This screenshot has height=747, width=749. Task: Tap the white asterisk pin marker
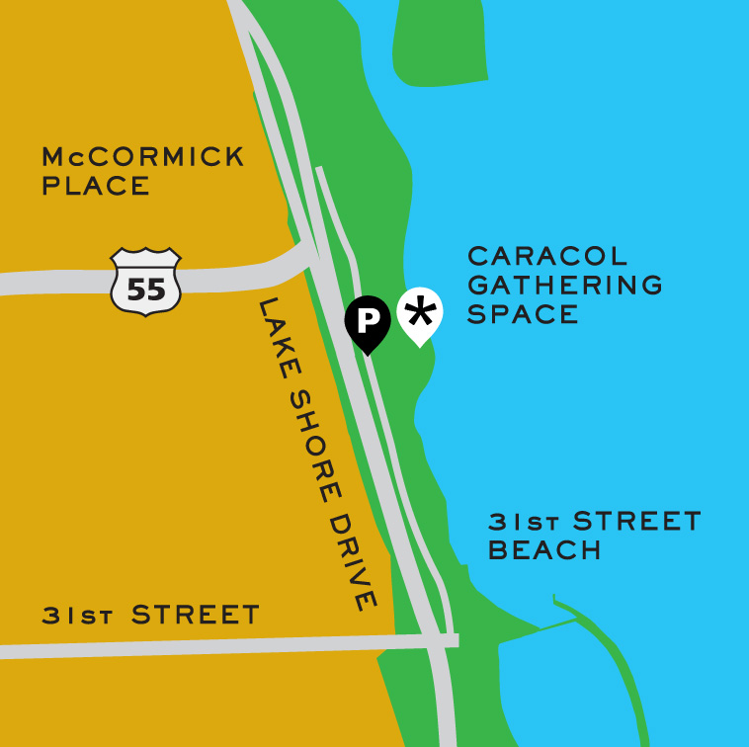point(420,315)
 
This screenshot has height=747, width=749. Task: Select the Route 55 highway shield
point(145,282)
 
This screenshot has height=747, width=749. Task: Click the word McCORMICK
point(143,157)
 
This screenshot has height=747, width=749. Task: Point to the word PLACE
point(96,186)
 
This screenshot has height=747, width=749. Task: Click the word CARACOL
point(547,256)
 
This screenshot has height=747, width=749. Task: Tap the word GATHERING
point(565,286)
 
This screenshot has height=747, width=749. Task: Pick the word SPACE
point(523,314)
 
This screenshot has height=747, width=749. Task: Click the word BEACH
point(544,550)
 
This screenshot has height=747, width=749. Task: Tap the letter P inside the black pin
point(367,318)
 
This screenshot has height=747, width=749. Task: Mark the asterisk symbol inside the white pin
point(420,311)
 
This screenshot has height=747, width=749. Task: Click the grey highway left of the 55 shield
point(54,284)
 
